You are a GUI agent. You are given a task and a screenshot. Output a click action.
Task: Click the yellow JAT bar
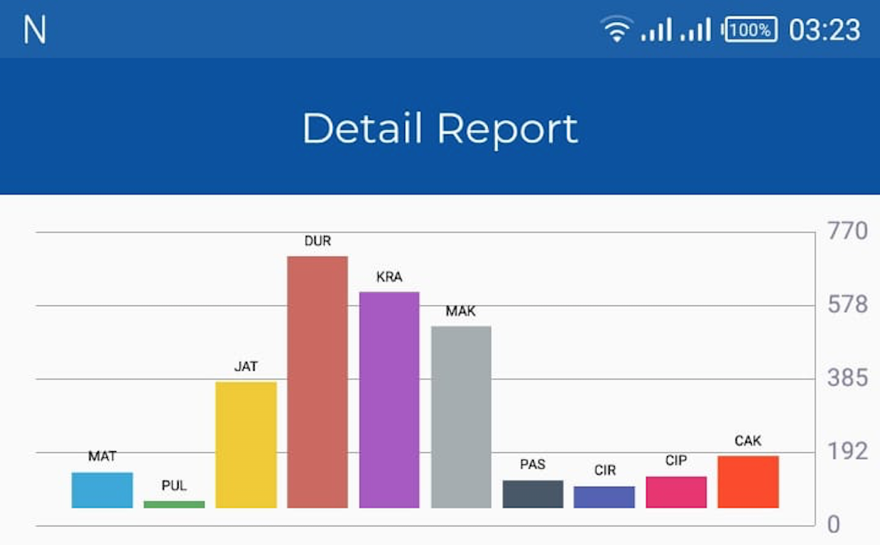pos(246,445)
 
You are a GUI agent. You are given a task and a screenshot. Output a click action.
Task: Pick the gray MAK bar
pos(461,417)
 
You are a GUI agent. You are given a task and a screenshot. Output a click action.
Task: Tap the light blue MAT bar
pos(102,490)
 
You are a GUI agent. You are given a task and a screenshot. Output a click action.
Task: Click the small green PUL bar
pos(174,504)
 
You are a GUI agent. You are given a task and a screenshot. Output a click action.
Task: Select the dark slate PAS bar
pos(532,494)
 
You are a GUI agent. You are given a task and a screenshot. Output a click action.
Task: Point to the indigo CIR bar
pos(604,497)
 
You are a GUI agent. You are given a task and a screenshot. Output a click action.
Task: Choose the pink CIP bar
pos(676,492)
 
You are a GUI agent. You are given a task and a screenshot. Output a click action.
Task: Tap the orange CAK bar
pos(748,482)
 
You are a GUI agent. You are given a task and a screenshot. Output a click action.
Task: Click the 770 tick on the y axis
pos(847,232)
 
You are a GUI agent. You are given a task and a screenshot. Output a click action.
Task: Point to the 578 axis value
pos(847,305)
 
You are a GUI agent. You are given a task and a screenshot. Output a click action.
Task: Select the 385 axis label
pos(847,379)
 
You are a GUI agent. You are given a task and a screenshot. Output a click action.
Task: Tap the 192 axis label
pos(847,452)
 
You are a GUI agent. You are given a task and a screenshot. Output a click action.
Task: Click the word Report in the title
pos(507,129)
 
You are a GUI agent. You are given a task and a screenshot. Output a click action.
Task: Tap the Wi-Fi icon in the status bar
pos(616,30)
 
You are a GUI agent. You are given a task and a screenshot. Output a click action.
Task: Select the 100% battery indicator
pos(749,30)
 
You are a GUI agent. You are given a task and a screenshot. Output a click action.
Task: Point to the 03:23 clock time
pos(824,30)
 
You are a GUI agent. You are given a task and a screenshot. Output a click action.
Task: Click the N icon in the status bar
pos(34,30)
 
